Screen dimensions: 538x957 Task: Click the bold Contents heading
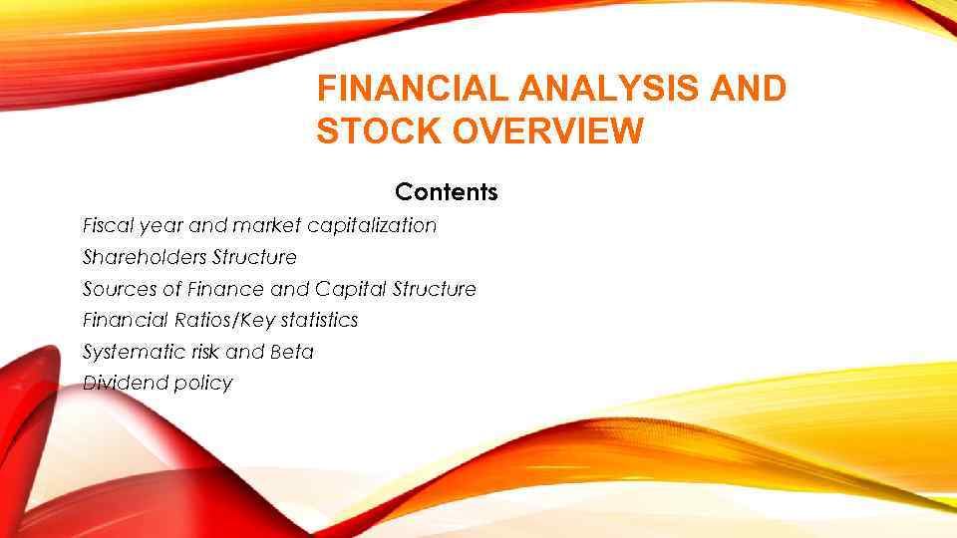pyautogui.click(x=446, y=191)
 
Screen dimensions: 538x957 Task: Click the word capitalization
pyautogui.click(x=372, y=225)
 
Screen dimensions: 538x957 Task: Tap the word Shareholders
pyautogui.click(x=145, y=257)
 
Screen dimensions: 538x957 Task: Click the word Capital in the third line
pyautogui.click(x=351, y=289)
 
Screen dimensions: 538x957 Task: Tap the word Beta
pyautogui.click(x=291, y=352)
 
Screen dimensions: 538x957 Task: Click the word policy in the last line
pyautogui.click(x=203, y=384)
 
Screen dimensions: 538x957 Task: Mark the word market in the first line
pyautogui.click(x=267, y=225)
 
